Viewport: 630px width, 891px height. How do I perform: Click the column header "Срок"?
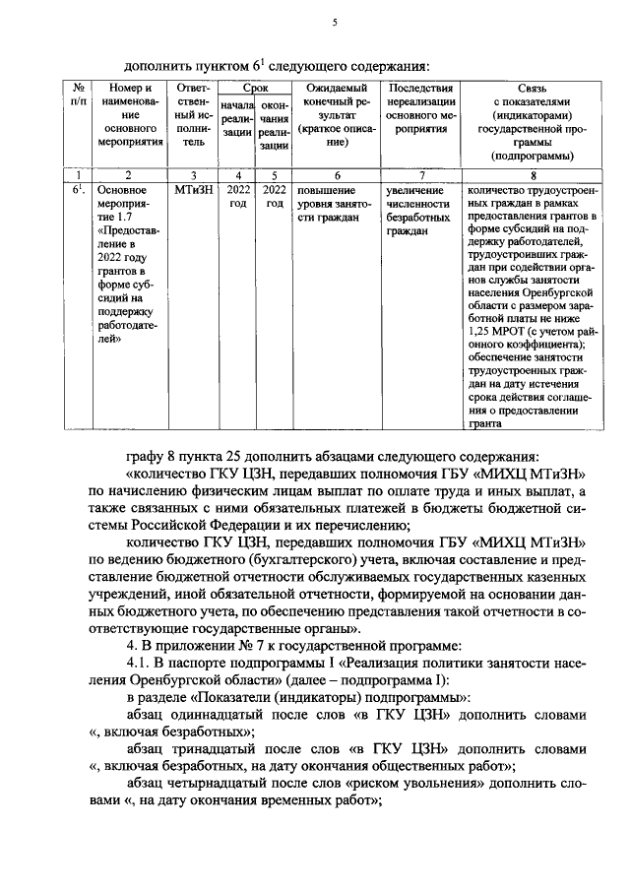click(254, 89)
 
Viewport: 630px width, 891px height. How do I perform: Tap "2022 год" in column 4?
click(238, 196)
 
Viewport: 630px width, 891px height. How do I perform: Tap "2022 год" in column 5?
click(275, 196)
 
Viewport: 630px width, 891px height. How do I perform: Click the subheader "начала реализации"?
click(238, 125)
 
